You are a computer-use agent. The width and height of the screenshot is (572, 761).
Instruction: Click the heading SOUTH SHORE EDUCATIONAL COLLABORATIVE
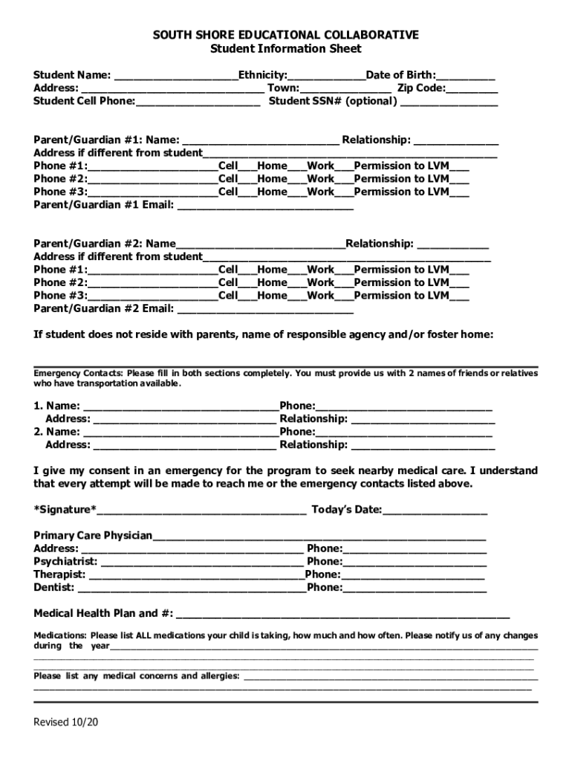[x=286, y=35]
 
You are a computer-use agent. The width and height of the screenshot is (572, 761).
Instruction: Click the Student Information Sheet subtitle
[x=286, y=49]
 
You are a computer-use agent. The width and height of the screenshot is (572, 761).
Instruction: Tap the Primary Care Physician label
[x=93, y=535]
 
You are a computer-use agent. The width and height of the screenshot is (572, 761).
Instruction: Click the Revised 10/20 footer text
[x=65, y=722]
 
